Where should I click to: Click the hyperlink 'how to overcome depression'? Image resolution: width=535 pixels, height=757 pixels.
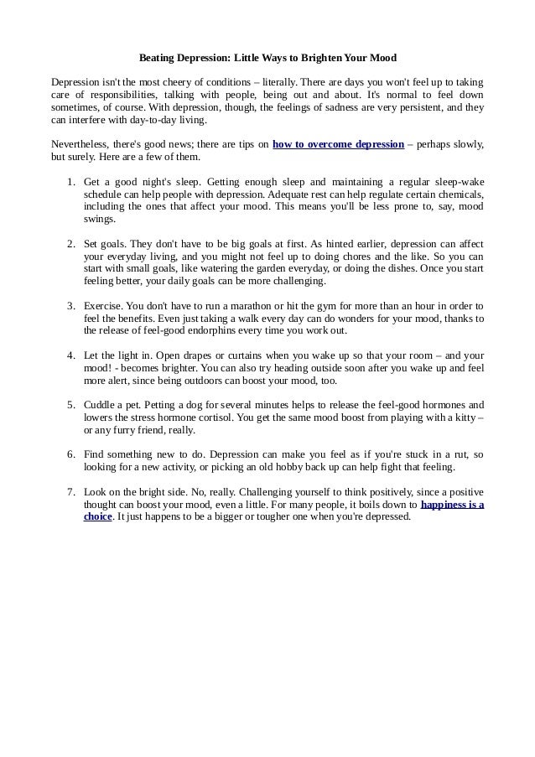pos(338,144)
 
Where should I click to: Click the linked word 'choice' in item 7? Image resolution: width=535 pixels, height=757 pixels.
pos(98,516)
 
